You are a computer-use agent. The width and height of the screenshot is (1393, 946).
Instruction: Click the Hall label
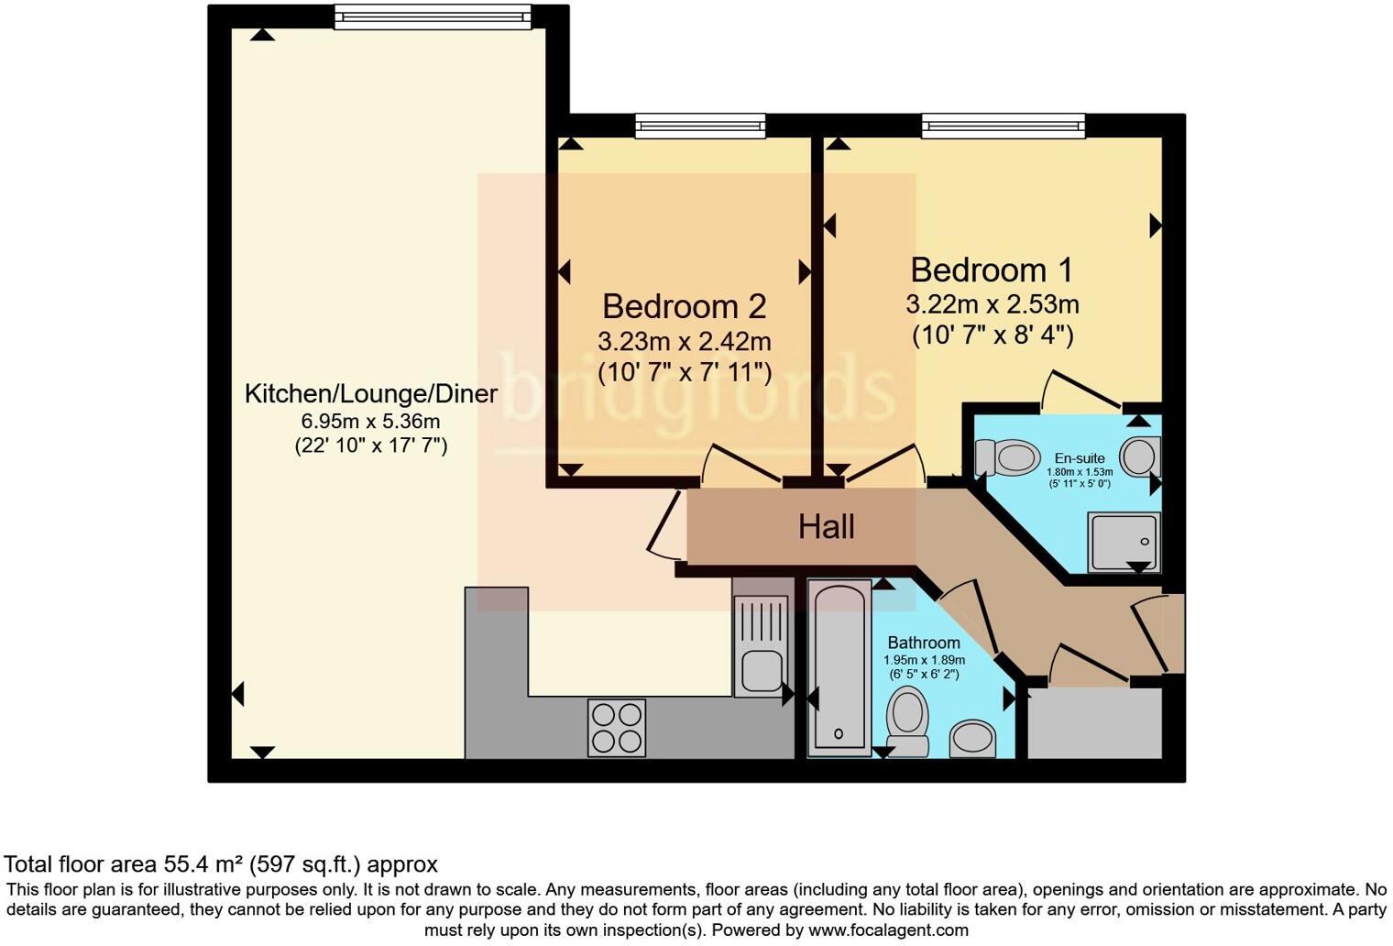pos(826,527)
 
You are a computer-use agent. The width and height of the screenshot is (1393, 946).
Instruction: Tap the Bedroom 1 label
pos(991,270)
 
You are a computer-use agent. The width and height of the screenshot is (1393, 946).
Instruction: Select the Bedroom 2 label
pos(684,306)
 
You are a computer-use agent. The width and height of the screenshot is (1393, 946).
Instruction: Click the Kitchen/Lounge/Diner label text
pos(370,394)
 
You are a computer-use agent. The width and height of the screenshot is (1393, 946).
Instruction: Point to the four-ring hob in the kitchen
pos(617,727)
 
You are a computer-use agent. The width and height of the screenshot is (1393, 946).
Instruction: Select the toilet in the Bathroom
pos(907,720)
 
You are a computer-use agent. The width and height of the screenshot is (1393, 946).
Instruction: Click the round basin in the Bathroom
pos(972,738)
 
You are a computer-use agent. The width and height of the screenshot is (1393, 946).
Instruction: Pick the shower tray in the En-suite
pos(1123,542)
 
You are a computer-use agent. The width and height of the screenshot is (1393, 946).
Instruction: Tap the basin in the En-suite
pos(1140,456)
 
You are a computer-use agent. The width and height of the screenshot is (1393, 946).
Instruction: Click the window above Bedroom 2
pos(700,126)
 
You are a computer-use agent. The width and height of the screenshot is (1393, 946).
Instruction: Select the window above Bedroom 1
pos(1003,126)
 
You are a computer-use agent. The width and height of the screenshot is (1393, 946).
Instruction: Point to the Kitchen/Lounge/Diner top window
pos(432,16)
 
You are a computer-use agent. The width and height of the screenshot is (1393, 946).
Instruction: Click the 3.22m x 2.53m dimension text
pos(992,304)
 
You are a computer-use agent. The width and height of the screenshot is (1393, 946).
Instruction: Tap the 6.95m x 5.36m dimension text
pos(370,422)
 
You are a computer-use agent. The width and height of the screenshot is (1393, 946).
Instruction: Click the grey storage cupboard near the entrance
pos(1094,724)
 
